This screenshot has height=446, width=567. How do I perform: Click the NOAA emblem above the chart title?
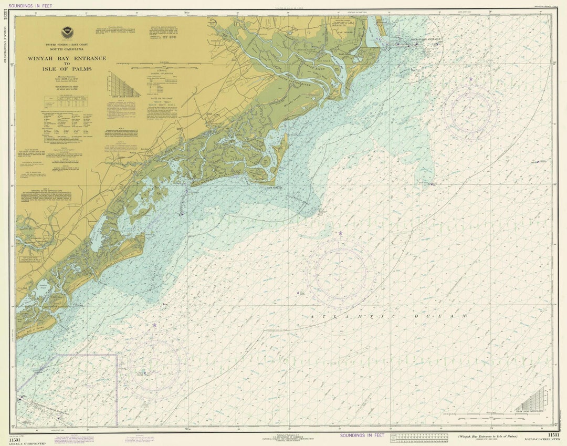67,32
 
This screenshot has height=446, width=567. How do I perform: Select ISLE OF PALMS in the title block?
67,69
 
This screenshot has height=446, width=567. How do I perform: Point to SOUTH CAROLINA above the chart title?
67,50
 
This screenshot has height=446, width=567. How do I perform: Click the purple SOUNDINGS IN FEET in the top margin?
30,5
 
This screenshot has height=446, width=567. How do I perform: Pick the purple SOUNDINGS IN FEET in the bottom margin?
362,435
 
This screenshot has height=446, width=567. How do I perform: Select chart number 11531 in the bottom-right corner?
553,435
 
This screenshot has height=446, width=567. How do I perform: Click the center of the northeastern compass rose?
470,112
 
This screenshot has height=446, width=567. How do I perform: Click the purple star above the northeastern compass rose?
470,79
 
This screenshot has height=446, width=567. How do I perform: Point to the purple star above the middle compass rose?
340,233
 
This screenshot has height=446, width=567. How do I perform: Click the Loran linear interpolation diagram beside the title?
122,84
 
